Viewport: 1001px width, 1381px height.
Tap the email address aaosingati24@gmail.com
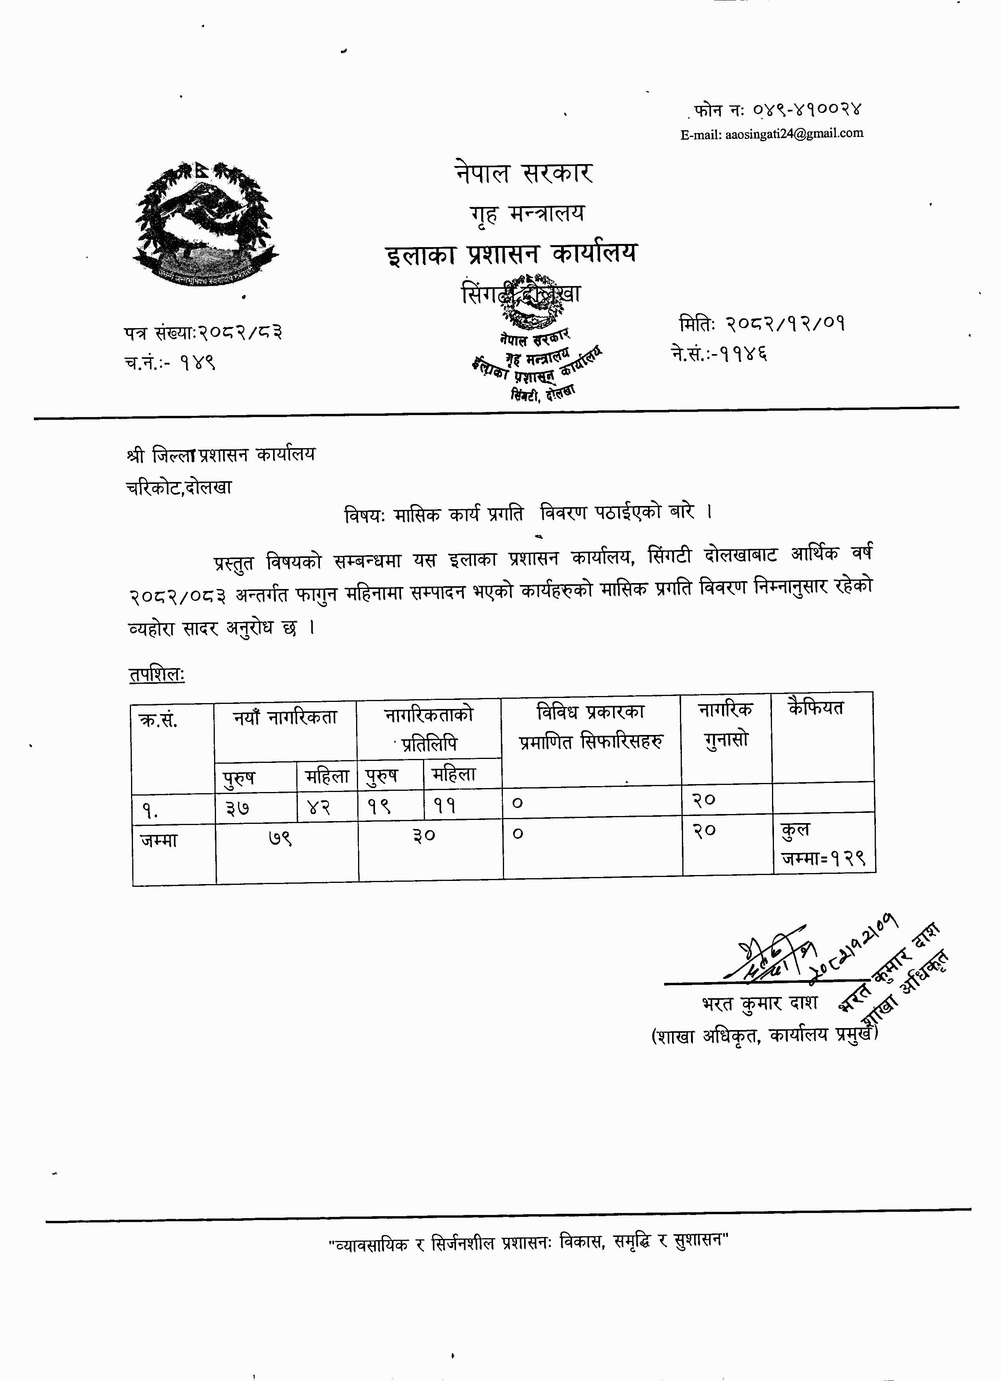(x=772, y=133)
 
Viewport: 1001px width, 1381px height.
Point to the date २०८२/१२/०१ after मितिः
(x=785, y=324)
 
